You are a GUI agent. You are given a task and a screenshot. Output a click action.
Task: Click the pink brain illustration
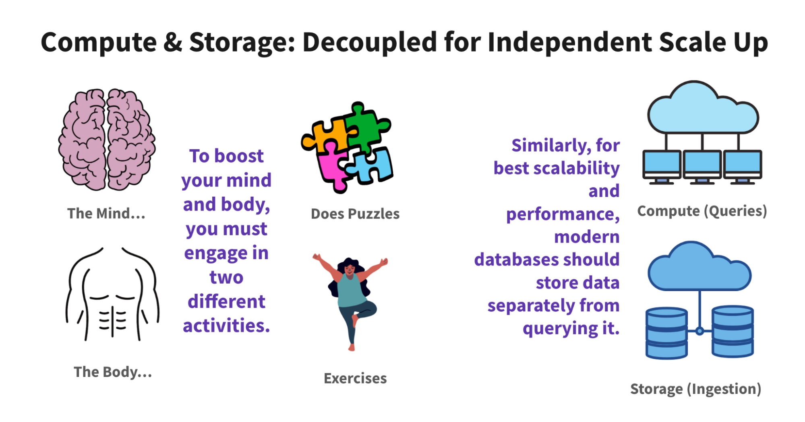107,139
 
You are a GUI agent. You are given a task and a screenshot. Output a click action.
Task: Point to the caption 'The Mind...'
106,213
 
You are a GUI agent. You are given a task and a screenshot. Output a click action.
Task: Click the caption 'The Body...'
113,372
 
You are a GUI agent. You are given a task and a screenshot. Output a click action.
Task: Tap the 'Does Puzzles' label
355,214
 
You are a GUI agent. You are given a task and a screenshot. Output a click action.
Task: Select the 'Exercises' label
355,378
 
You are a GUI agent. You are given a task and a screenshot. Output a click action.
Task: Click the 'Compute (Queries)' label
702,211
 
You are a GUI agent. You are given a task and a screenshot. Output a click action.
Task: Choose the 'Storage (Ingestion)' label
695,389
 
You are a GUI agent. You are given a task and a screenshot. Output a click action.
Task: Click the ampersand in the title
173,42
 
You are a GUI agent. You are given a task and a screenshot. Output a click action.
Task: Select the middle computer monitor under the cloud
702,167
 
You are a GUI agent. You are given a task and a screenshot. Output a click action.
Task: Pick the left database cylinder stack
666,333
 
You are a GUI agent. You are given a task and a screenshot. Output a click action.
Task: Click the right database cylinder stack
733,331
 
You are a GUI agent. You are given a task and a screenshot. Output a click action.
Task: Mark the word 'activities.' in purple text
226,325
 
